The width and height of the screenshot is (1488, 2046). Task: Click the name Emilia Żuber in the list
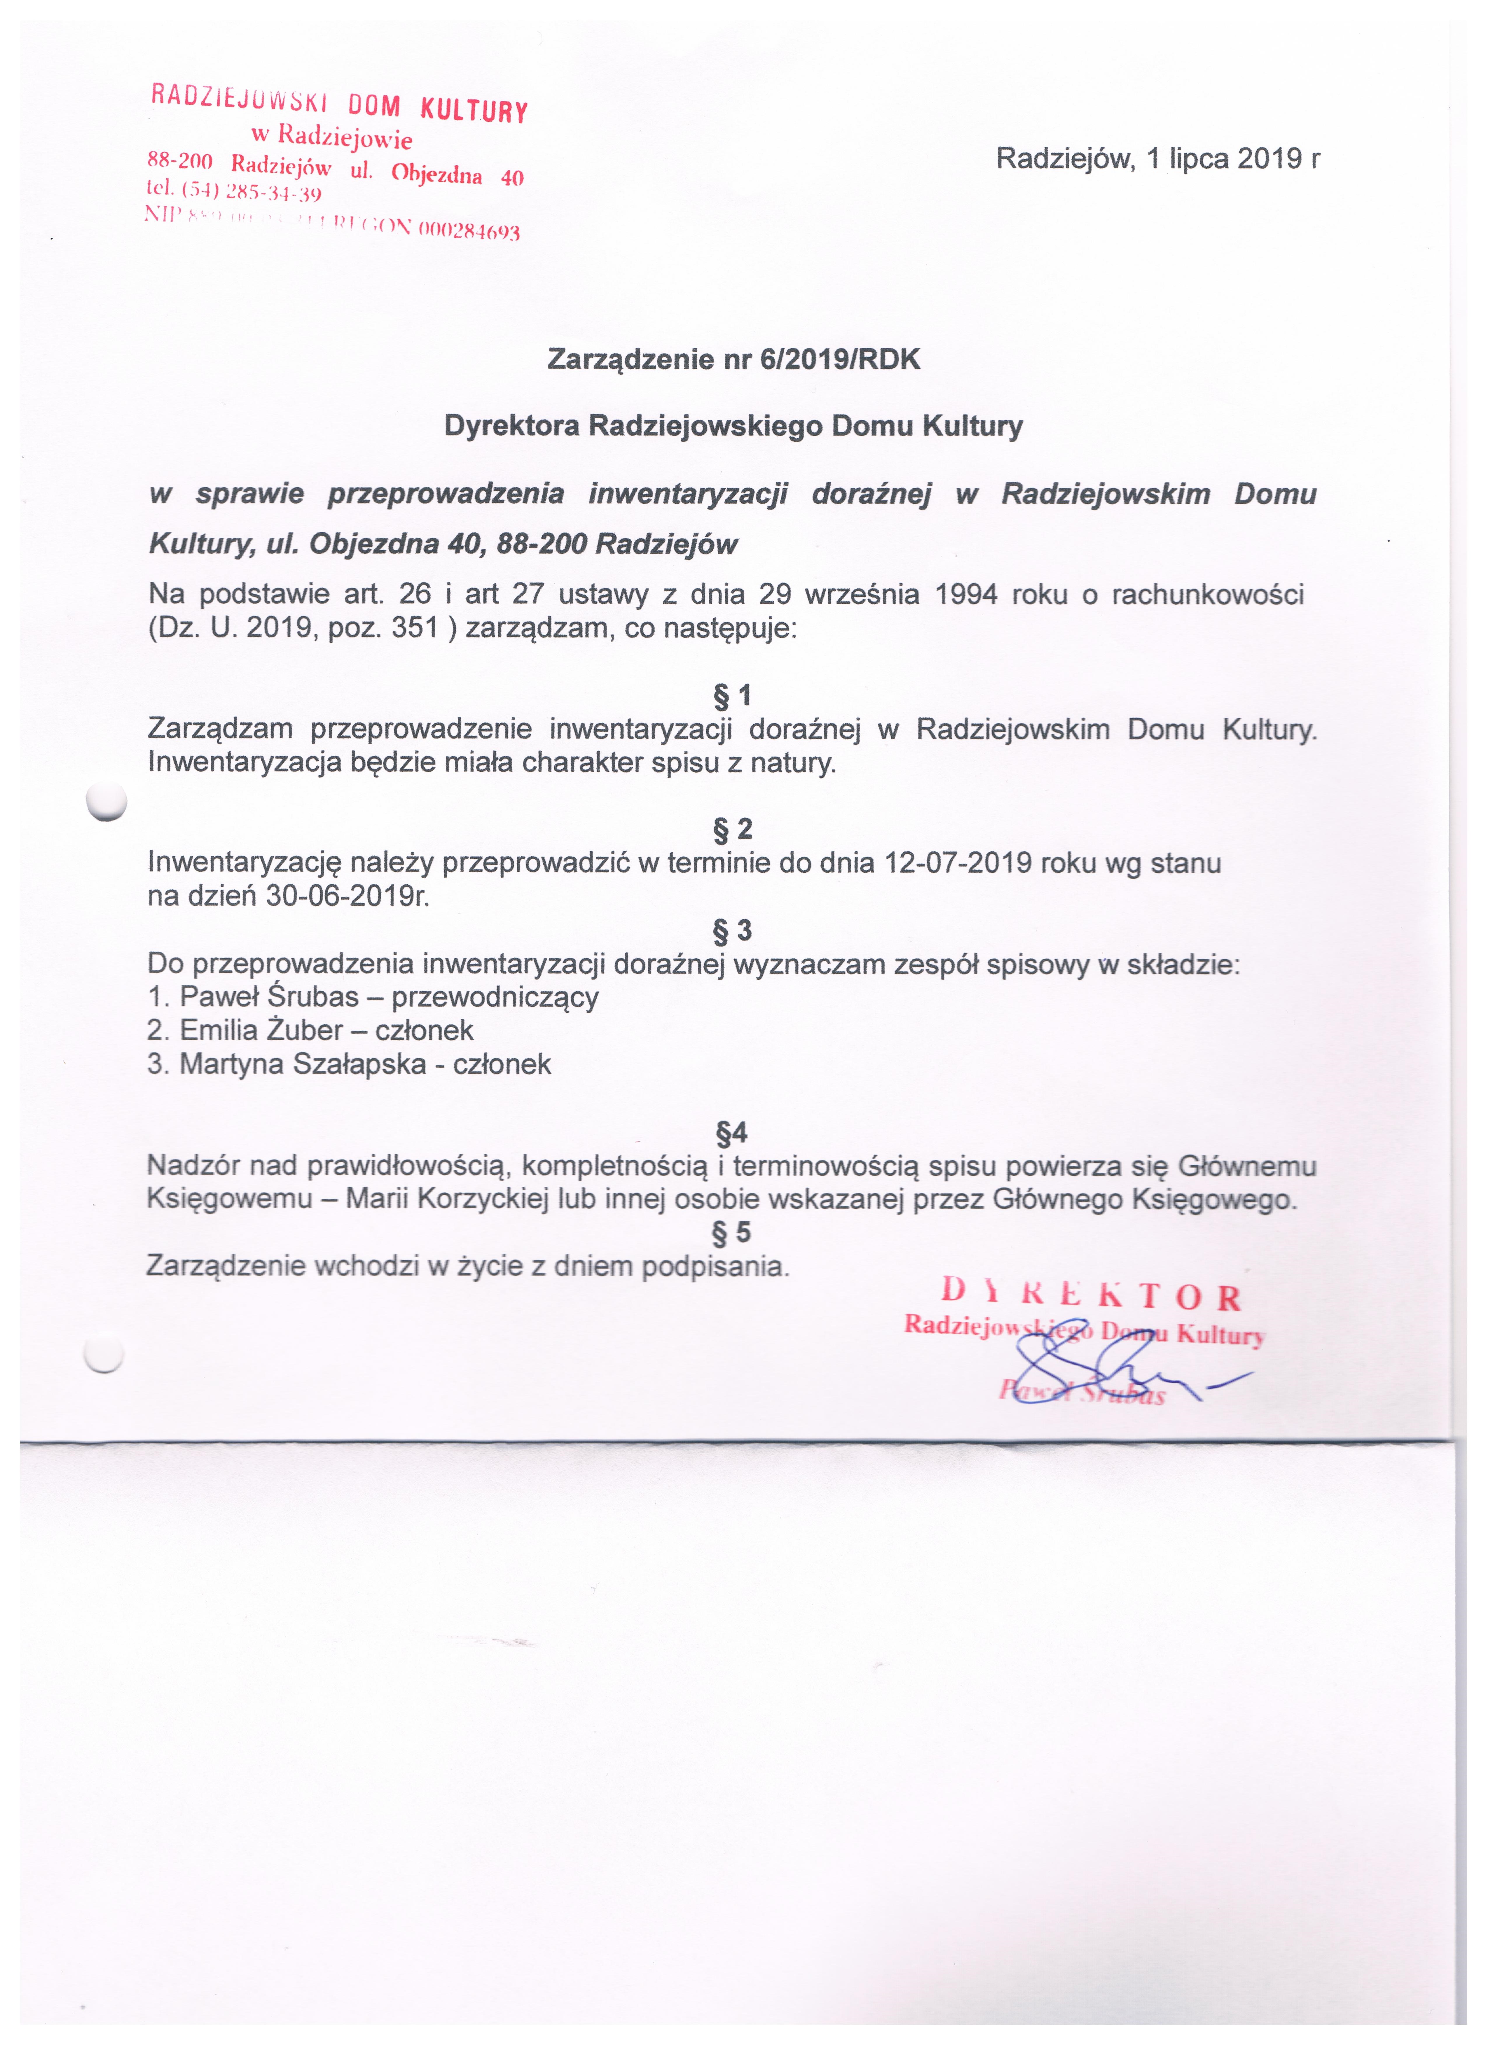click(x=262, y=1030)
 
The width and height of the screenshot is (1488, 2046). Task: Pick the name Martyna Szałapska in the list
click(x=302, y=1065)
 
